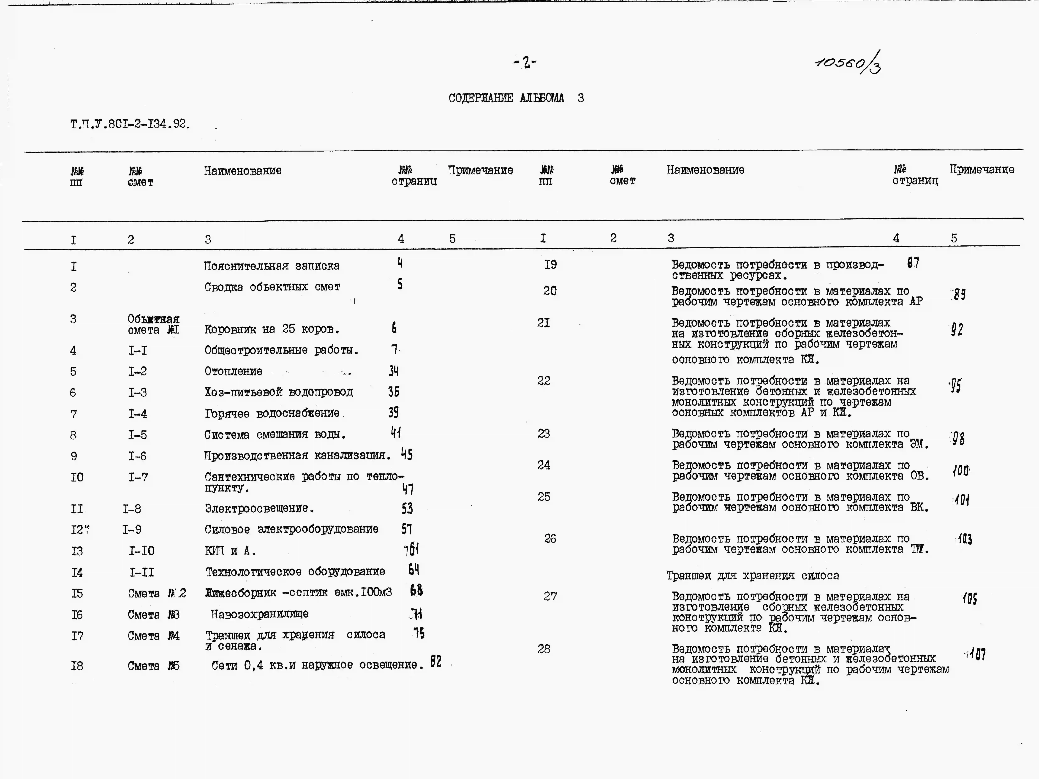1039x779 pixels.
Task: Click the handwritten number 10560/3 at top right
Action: (x=848, y=63)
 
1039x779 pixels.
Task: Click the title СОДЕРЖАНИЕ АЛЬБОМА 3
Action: (x=516, y=98)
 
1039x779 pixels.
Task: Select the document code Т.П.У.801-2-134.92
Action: (x=130, y=124)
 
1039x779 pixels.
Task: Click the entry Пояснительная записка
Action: (x=272, y=266)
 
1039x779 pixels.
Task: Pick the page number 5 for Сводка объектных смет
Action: (x=400, y=284)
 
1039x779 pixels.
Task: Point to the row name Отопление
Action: (x=234, y=371)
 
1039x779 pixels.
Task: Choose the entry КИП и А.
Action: (x=230, y=551)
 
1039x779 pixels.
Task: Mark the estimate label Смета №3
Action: (x=154, y=615)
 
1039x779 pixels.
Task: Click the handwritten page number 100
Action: (x=961, y=470)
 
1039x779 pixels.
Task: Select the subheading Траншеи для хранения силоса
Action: (x=753, y=576)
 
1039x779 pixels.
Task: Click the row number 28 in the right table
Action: (x=544, y=649)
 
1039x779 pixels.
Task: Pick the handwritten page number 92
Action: (x=957, y=330)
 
